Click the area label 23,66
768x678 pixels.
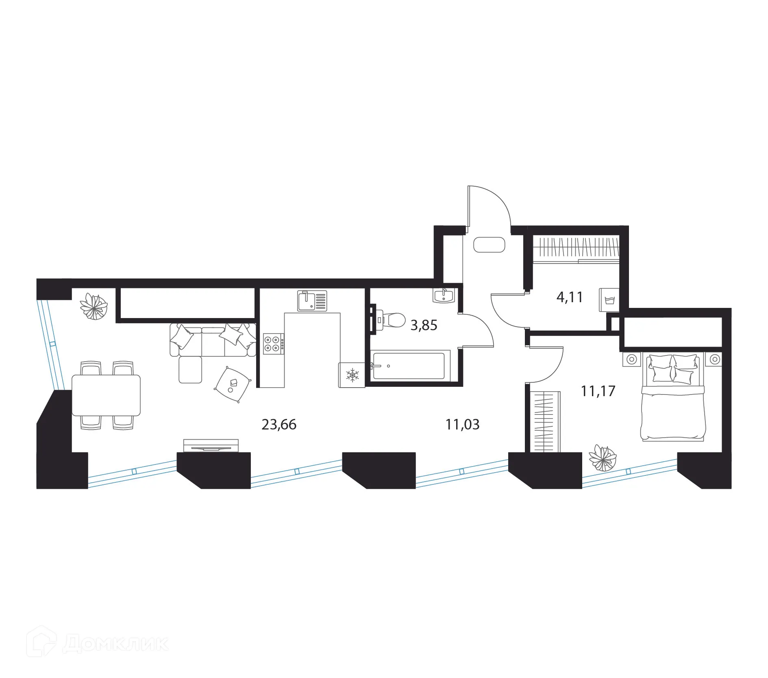coord(279,425)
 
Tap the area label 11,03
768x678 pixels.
coord(462,425)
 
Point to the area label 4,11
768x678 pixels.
coord(570,297)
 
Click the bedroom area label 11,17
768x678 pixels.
coord(598,391)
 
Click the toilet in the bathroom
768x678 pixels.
coord(390,320)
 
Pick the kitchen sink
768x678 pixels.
coord(312,301)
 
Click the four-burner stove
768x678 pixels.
coord(274,342)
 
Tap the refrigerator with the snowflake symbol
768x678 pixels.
coord(352,375)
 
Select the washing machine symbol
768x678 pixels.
coord(609,300)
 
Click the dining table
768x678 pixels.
coord(106,395)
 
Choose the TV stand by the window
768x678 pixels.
coord(211,446)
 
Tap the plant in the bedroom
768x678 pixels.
coord(603,457)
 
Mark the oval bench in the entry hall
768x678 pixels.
coord(489,245)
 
